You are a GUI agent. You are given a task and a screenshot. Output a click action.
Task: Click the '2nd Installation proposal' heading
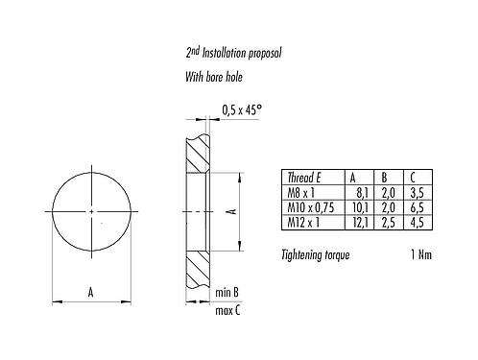pos(233,53)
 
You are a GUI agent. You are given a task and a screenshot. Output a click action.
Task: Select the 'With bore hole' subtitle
pos(214,77)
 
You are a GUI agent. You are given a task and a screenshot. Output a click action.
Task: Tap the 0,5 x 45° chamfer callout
pos(242,110)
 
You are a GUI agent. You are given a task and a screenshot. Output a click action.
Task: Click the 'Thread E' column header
pos(304,178)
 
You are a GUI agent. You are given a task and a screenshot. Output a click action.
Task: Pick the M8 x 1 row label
pos(301,193)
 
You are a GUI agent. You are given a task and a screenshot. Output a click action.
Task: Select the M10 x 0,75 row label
pos(311,207)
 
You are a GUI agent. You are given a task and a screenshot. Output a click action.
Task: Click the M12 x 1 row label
pos(303,222)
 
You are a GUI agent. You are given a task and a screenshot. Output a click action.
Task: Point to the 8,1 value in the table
pos(363,193)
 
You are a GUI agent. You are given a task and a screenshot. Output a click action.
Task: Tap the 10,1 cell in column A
pos(361,207)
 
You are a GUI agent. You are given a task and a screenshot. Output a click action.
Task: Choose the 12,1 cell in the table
pos(361,222)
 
